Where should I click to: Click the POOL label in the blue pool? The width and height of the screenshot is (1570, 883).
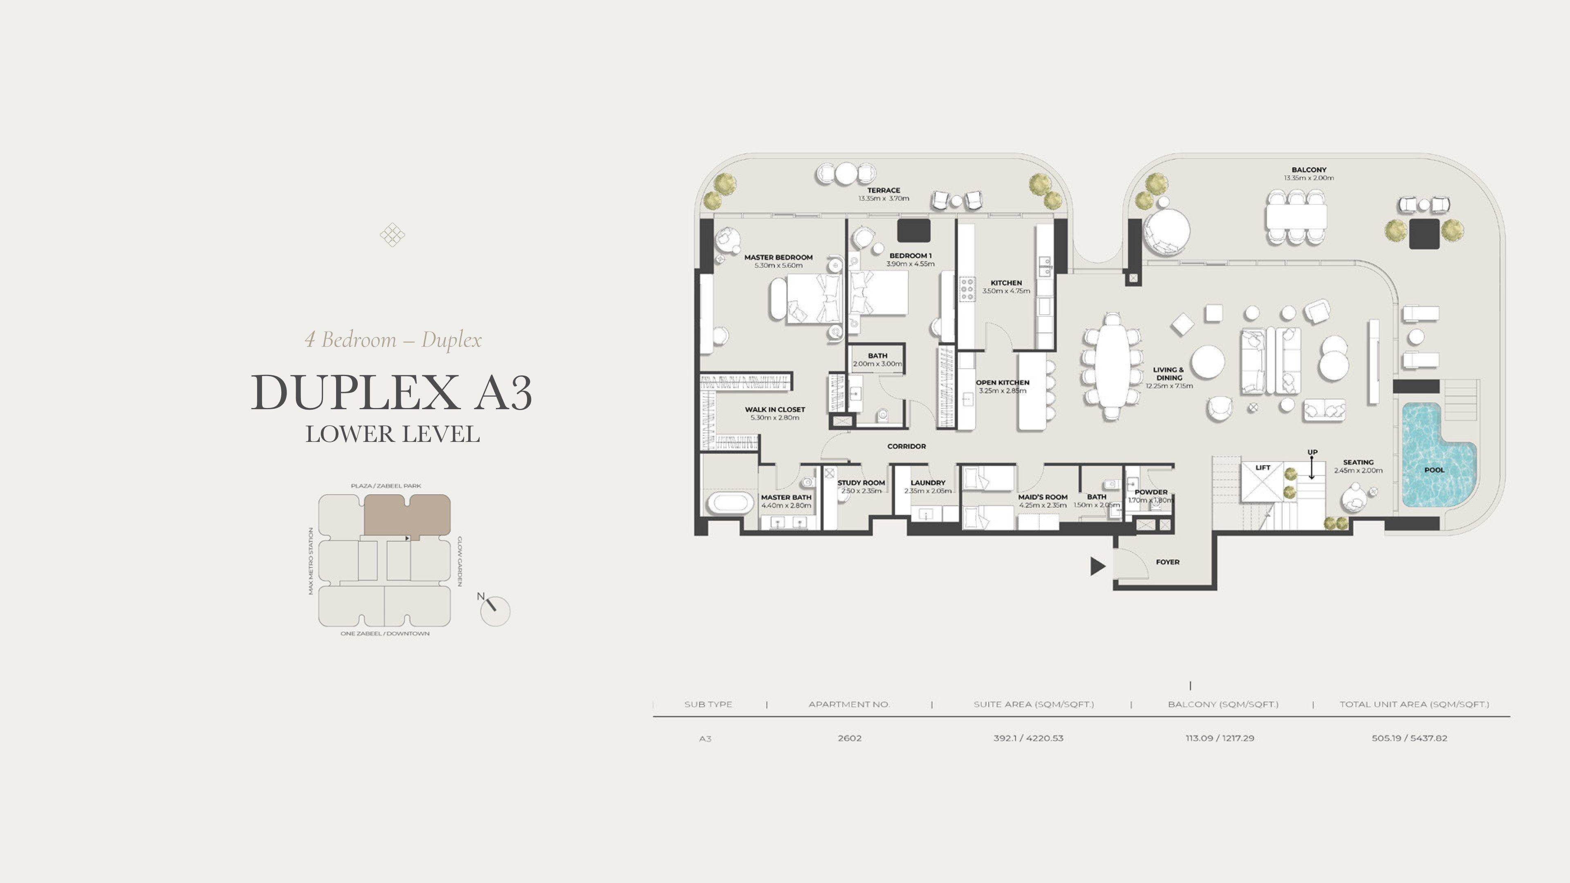[x=1434, y=470]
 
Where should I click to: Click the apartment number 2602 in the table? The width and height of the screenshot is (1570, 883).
[x=850, y=738]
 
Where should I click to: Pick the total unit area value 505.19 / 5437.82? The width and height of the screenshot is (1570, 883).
[x=1410, y=738]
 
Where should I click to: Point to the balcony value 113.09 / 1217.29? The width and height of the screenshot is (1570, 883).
[x=1220, y=738]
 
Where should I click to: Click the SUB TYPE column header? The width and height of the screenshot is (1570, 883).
[x=708, y=704]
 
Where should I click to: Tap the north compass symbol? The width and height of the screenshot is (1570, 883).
[x=494, y=610]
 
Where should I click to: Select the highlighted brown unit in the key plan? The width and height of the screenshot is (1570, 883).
[x=407, y=515]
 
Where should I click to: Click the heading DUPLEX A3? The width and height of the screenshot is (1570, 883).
[x=392, y=392]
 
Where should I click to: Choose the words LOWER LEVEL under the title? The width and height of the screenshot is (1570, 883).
[x=392, y=434]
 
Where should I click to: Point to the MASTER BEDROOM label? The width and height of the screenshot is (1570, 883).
[x=778, y=257]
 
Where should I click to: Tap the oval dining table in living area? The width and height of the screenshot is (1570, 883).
[x=1112, y=365]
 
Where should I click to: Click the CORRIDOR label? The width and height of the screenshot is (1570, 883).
[x=906, y=446]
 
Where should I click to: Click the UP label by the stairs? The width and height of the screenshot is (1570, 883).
[x=1312, y=452]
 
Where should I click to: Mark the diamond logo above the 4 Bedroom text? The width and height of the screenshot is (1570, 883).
[x=392, y=235]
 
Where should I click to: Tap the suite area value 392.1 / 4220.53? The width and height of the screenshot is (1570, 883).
[x=1028, y=738]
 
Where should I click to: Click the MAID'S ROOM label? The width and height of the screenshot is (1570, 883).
[x=1043, y=497]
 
